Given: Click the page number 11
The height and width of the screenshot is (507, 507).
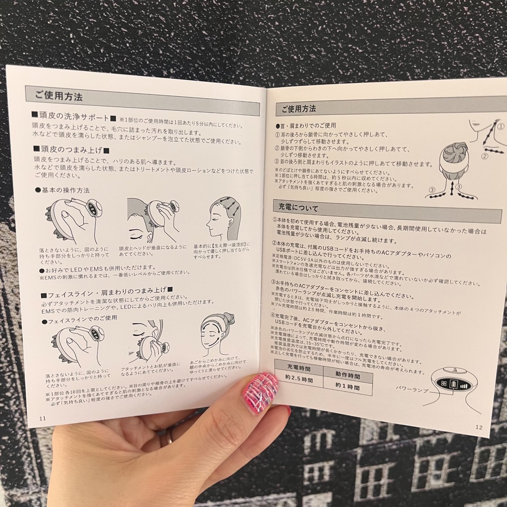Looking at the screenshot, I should coord(42,418).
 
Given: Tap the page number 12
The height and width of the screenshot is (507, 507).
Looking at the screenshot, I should coord(479,427).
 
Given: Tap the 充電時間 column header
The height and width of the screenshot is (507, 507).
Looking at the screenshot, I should coord(299,367).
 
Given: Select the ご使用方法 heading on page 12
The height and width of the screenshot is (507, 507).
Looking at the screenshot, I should coord(298,109).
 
